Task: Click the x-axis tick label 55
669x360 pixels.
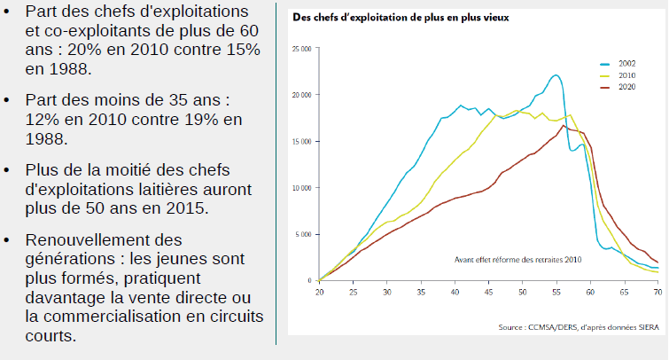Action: (x=556, y=292)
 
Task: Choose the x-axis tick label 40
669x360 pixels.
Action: (x=455, y=292)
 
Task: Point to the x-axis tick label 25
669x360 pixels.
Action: (x=353, y=292)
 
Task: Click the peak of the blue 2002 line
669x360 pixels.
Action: (x=556, y=75)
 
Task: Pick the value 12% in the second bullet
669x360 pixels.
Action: (x=44, y=119)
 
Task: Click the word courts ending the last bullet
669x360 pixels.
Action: (x=51, y=311)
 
